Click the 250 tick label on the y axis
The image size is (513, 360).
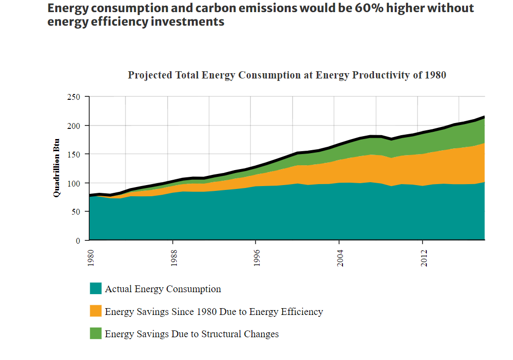click(x=73, y=97)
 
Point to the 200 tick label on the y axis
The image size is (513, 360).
click(x=73, y=125)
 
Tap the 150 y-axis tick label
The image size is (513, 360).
click(x=73, y=154)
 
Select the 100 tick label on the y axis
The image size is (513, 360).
click(x=73, y=183)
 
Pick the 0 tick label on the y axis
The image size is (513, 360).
click(x=78, y=240)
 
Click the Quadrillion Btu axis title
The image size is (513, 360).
click(x=57, y=168)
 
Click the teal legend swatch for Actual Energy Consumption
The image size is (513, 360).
click(x=96, y=288)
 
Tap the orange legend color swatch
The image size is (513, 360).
click(x=96, y=311)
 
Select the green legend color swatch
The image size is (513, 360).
click(x=96, y=333)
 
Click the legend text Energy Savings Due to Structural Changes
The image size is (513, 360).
click(x=192, y=334)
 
